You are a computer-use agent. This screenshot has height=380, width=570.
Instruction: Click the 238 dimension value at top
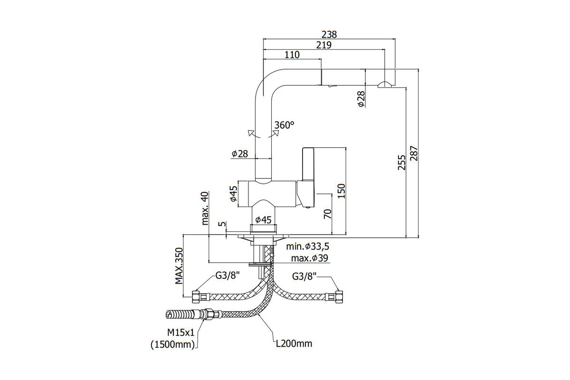point(329,35)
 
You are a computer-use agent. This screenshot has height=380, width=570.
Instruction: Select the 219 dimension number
point(324,45)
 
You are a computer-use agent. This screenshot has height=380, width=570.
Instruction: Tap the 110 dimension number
point(292,55)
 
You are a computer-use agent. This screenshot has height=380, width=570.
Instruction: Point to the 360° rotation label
point(284,125)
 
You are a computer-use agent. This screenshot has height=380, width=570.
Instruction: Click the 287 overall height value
point(414,153)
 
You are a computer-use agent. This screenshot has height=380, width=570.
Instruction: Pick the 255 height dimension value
point(402,162)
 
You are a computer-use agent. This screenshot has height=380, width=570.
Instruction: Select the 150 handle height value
point(341,191)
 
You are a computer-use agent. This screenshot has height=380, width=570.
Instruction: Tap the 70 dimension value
point(328,214)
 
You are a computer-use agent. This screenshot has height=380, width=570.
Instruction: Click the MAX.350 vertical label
point(179,266)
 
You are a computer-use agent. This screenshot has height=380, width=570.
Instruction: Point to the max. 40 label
point(205,208)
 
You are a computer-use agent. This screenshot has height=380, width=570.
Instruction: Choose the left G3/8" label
point(228,275)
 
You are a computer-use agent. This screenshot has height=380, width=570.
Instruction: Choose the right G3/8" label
point(304,276)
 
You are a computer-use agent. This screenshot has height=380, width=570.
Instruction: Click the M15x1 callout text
point(180,332)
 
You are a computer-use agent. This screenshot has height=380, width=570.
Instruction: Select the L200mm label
point(294,343)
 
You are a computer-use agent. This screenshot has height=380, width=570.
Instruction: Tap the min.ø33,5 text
point(308,247)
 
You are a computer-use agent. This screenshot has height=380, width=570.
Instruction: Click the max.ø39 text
point(310,258)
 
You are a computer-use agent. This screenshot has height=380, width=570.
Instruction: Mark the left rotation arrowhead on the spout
point(251,133)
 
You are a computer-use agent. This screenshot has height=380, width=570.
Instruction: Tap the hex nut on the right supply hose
point(339,297)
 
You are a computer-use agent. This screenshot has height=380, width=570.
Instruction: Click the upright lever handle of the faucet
point(308,177)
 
